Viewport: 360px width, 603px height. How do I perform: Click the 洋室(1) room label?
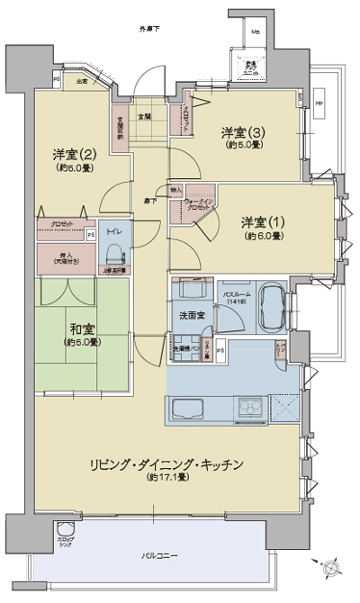pyautogui.click(x=262, y=222)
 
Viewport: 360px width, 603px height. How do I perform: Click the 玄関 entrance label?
pyautogui.click(x=144, y=116)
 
